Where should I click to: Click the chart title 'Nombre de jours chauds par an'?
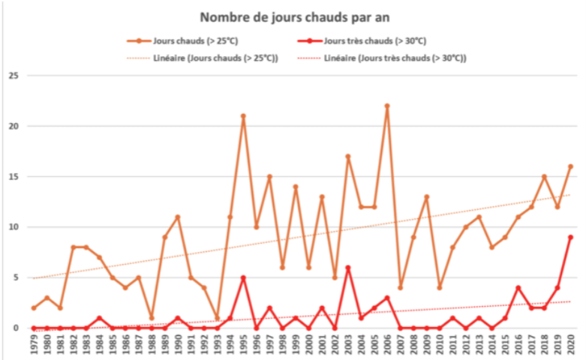pyautogui.click(x=293, y=16)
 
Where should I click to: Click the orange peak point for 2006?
pyautogui.click(x=387, y=106)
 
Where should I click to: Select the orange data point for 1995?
pyautogui.click(x=243, y=116)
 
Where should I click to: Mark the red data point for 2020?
pyautogui.click(x=570, y=237)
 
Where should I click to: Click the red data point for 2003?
pyautogui.click(x=348, y=268)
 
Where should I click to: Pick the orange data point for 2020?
pyautogui.click(x=570, y=166)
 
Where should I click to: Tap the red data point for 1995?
pyautogui.click(x=243, y=277)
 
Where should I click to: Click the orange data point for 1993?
pyautogui.click(x=217, y=318)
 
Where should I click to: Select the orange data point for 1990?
pyautogui.click(x=178, y=217)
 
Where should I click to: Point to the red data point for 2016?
pyautogui.click(x=518, y=288)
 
